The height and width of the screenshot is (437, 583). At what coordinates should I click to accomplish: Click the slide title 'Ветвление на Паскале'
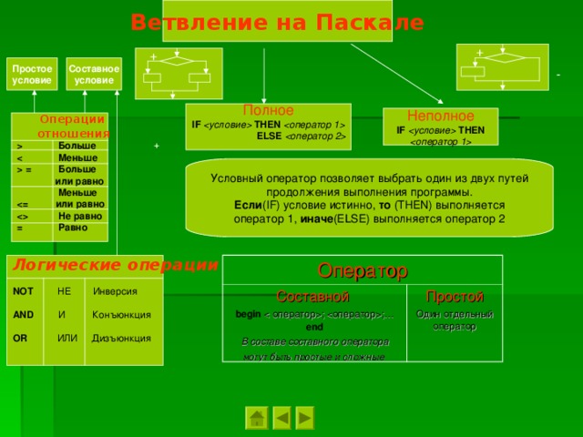(x=277, y=22)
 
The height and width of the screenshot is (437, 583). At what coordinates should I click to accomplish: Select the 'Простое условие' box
(x=32, y=75)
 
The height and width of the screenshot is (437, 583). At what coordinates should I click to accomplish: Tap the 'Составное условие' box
(x=94, y=75)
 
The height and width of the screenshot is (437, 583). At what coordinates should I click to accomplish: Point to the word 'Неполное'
(x=440, y=117)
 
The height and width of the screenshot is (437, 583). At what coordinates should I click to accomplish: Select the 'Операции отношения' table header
(x=60, y=127)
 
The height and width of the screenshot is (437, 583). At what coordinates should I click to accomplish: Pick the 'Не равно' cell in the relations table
(x=79, y=216)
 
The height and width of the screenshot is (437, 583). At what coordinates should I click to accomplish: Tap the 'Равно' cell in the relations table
(x=72, y=228)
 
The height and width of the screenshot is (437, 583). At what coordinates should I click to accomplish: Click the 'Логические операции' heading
(x=111, y=265)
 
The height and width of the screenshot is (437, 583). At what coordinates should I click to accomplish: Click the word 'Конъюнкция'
(x=121, y=315)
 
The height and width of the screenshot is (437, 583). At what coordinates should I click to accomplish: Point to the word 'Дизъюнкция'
(x=121, y=339)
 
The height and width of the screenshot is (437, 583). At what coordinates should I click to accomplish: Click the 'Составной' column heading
(x=312, y=297)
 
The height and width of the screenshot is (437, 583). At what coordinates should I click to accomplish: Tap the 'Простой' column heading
(x=455, y=297)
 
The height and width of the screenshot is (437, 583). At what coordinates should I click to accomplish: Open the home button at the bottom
(x=258, y=418)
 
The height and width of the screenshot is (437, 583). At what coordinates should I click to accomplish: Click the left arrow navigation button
(x=282, y=418)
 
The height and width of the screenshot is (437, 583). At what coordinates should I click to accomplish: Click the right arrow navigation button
(x=305, y=418)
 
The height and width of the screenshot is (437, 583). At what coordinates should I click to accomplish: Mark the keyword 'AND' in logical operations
(x=24, y=315)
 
